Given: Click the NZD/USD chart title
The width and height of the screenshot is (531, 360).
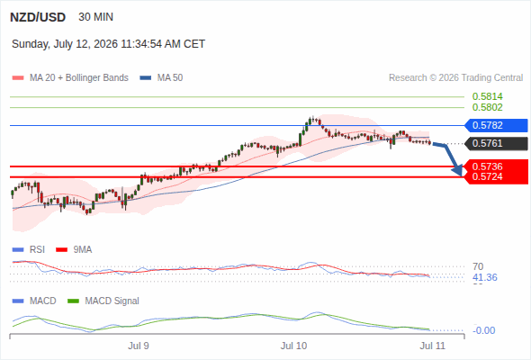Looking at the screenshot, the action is pos(38,17).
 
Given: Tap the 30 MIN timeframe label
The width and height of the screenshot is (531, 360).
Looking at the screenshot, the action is pos(95,17).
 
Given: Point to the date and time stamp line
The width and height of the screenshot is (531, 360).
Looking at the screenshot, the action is pos(108,44).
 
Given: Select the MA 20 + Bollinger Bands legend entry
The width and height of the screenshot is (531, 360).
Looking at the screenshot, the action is pos(70,78).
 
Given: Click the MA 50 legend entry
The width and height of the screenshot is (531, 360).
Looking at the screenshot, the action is pos(161,78).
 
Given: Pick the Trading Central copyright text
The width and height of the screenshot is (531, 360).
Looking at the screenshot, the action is pos(455,78).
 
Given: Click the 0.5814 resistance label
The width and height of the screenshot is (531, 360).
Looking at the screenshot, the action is pos(487,96).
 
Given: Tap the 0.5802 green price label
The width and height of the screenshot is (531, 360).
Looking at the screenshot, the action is pos(487,107).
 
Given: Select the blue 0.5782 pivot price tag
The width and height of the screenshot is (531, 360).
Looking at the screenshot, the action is pos(496,125).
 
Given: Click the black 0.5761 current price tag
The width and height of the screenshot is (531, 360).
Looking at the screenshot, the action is pos(496,144).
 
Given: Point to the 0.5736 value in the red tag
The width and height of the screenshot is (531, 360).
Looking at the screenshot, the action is pos(487,166).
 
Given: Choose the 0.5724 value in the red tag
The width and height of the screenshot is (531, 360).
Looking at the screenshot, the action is pos(487,176).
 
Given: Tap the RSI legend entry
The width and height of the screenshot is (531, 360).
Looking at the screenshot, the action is pos(29,250).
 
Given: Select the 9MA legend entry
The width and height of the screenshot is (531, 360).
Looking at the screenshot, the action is pos(74,250).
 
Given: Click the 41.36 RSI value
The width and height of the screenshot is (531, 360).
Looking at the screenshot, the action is pos(485,278).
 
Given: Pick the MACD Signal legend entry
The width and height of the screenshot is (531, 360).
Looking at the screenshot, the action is pos(103,301).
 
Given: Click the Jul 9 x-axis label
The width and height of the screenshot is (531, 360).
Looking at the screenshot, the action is pos(139,346).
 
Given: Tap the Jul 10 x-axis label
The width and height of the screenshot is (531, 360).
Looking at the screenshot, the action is pos(293,346).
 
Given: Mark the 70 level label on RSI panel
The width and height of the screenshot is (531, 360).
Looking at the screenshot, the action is pos(478,266).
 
